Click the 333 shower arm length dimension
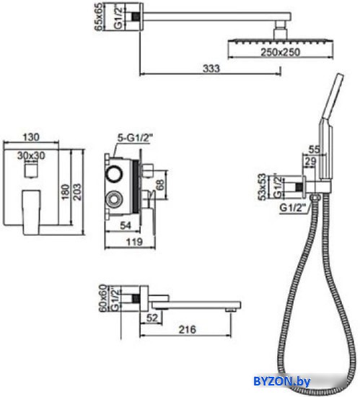click(211, 69)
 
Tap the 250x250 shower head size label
click(281, 52)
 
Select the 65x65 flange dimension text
click(99, 17)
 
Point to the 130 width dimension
click(31, 137)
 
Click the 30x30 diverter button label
click(31, 155)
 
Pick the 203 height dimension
click(77, 192)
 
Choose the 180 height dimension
click(66, 192)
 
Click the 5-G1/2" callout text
click(136, 139)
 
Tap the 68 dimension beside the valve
click(160, 185)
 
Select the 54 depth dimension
click(126, 225)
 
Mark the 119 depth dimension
click(134, 242)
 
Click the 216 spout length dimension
click(187, 329)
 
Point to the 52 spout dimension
click(152, 318)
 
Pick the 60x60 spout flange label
click(102, 297)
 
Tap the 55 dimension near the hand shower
click(315, 149)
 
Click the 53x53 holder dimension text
click(263, 187)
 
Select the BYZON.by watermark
click(281, 381)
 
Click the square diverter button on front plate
click(32, 170)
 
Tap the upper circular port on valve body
click(114, 174)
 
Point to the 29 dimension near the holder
click(310, 161)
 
